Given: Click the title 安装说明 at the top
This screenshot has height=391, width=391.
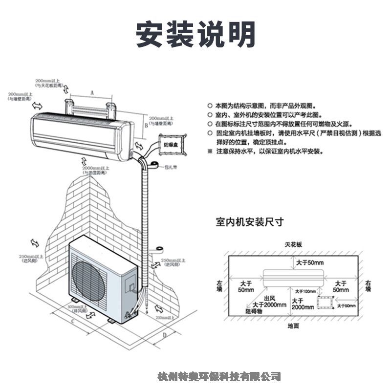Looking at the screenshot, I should point(195,34).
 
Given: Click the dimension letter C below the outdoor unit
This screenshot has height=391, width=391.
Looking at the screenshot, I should point(73,322).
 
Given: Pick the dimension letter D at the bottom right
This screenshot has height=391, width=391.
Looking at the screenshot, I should point(165,335).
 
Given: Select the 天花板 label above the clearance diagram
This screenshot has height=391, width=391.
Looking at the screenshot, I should point(294,244).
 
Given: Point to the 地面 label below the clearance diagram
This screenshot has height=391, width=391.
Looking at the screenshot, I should point(293,326).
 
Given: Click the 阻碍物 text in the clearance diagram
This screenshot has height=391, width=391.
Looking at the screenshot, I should point(254,311).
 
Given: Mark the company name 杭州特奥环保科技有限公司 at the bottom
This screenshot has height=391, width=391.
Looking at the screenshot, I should point(220,376).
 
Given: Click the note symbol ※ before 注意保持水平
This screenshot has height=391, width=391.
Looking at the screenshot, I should point(210,152).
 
